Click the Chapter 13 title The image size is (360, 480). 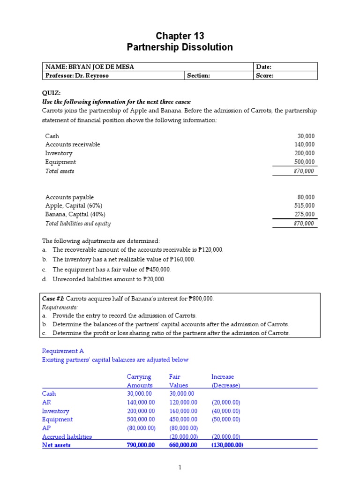coord(180,36)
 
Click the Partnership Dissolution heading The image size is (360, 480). coord(180,47)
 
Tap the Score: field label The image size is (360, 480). coord(264,75)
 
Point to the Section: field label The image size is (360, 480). coord(198,75)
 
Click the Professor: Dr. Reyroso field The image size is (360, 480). coord(77,75)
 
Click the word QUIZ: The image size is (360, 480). coord(52,93)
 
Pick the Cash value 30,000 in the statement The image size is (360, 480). coord(306,136)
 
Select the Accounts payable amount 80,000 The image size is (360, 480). coord(306,197)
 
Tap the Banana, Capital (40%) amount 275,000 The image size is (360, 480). coord(305,214)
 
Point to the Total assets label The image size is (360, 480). coord(60,171)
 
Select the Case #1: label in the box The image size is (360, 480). coord(53,299)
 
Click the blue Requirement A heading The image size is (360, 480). coord(63,351)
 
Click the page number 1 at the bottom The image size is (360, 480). coord(180,467)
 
